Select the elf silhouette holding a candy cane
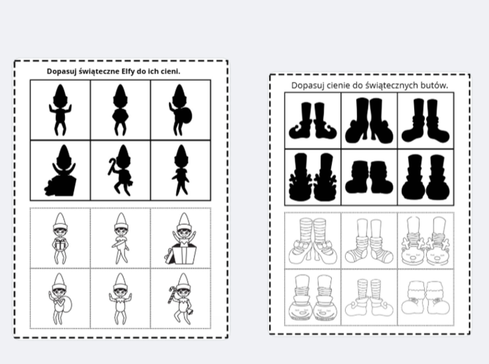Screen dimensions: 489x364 [x=120, y=170]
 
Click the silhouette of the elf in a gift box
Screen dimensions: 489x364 [x=61, y=170]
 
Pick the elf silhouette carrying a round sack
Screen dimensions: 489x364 [x=180, y=110]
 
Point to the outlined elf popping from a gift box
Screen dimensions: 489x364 [x=181, y=239]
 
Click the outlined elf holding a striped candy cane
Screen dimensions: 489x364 [x=181, y=299]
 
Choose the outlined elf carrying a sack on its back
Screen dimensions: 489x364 [x=60, y=299]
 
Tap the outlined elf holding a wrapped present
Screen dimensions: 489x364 [x=60, y=239]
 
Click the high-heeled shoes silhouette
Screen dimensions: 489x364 [x=370, y=120]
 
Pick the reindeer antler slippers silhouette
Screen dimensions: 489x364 [x=313, y=177]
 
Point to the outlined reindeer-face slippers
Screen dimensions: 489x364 [x=425, y=241]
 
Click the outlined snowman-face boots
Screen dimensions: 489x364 [x=313, y=297]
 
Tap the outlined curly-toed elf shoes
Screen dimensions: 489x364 [x=370, y=298]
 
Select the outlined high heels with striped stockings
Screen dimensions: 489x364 [x=313, y=241]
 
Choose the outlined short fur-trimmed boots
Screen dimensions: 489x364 [x=425, y=298]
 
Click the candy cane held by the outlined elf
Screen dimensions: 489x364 [x=172, y=294]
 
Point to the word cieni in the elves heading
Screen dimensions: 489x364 [x=170, y=71]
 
